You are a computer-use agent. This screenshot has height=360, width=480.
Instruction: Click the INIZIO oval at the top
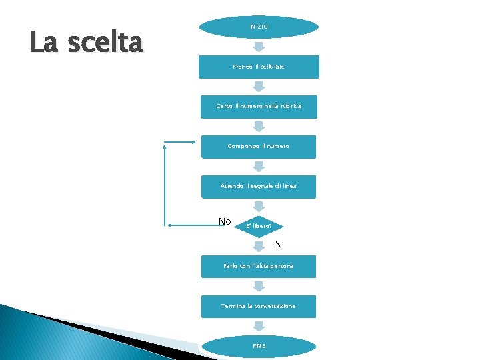(x=259, y=27)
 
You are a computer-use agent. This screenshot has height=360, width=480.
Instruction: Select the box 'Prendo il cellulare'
(x=259, y=67)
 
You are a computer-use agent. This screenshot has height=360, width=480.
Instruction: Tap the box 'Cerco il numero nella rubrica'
(x=259, y=107)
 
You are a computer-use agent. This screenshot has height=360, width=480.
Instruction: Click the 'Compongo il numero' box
(x=259, y=147)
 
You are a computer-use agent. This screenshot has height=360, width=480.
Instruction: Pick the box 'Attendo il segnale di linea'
(x=259, y=187)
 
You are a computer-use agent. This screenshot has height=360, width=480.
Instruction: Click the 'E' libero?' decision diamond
(x=259, y=226)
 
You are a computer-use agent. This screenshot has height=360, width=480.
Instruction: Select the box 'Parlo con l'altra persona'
(x=259, y=266)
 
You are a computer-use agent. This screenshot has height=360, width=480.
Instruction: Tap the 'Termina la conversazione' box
(x=259, y=306)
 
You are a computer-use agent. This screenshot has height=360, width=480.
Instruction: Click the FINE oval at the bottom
(x=259, y=346)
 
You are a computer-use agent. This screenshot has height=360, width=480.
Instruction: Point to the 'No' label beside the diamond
(x=225, y=221)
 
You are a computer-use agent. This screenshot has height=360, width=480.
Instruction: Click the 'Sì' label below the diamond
(x=279, y=245)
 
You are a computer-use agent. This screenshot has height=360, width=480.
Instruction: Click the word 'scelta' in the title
(x=107, y=43)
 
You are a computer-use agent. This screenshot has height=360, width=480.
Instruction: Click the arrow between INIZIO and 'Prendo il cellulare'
(x=259, y=47)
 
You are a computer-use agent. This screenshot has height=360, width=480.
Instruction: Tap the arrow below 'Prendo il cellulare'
(x=259, y=87)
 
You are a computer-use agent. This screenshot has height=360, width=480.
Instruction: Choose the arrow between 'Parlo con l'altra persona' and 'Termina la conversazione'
(x=259, y=286)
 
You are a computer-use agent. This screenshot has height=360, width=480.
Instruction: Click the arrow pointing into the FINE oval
(x=259, y=326)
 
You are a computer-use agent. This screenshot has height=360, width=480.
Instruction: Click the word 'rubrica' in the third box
(x=290, y=107)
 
